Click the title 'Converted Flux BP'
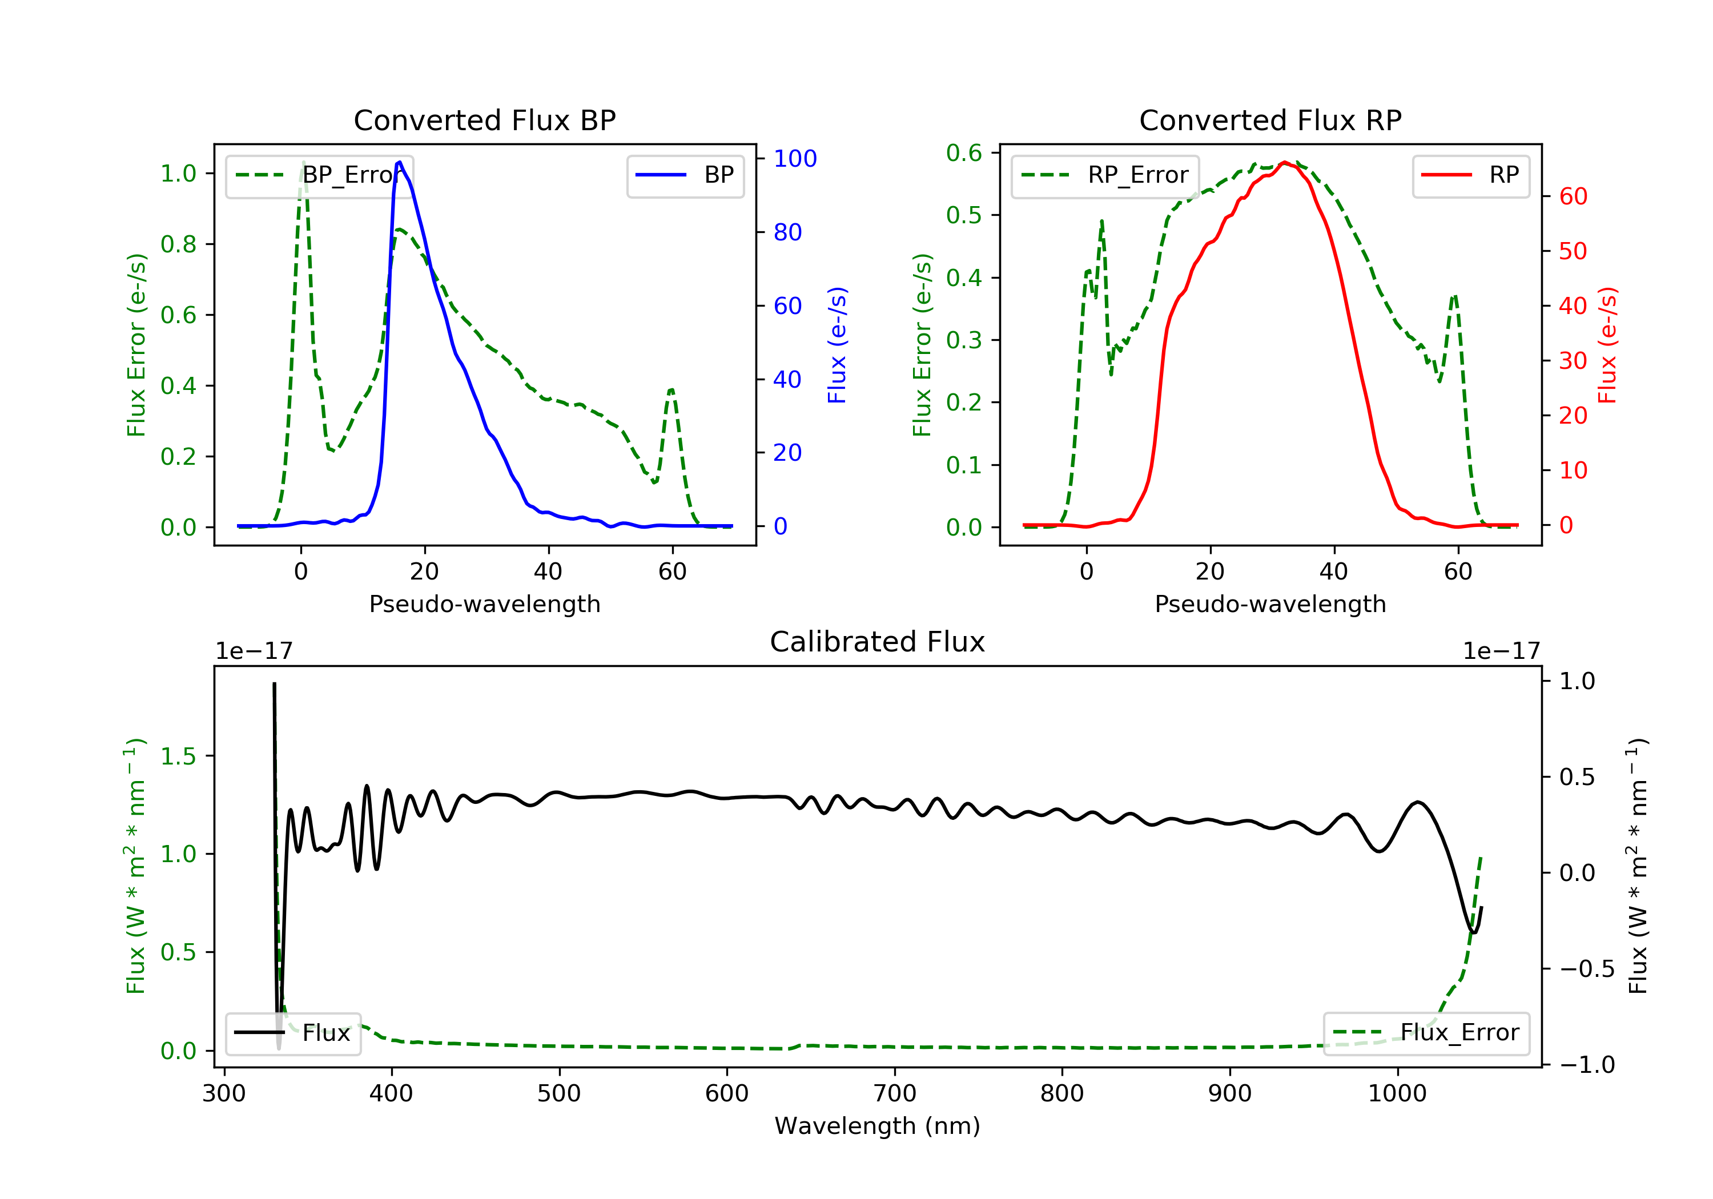point(484,120)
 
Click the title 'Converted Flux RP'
point(1270,120)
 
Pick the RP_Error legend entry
point(1105,175)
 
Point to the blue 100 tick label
point(795,158)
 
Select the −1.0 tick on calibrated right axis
point(1586,1065)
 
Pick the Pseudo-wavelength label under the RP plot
point(1270,603)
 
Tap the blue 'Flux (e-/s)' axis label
point(837,345)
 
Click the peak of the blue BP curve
point(400,162)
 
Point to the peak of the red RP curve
point(1284,163)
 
